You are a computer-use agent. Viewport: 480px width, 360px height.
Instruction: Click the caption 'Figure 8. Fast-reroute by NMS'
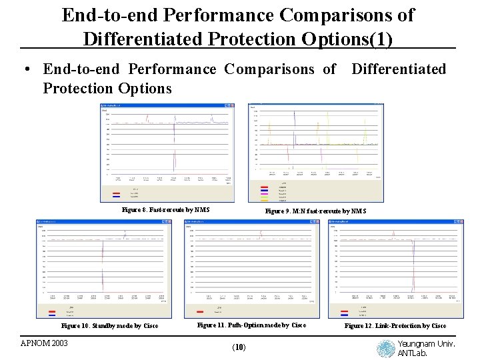tap(165, 210)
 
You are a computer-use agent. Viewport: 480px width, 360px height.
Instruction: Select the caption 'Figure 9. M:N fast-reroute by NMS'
tap(315, 211)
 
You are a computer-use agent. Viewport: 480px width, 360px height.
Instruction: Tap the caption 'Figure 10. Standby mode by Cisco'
tap(110, 326)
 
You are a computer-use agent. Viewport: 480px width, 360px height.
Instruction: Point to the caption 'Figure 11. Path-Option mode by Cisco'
tap(252, 325)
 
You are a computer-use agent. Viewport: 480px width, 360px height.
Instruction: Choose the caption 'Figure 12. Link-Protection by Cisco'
tap(395, 326)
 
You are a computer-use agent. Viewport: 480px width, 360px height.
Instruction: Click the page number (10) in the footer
tap(239, 347)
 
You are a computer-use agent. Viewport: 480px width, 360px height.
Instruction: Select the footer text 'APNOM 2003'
tap(44, 343)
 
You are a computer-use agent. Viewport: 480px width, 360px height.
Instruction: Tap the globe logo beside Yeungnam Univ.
tap(385, 349)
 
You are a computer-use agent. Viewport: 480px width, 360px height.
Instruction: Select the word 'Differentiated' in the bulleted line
tap(398, 69)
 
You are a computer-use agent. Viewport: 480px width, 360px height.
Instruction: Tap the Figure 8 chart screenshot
tap(167, 153)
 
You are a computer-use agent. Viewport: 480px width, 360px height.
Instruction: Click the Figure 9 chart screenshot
tap(316, 153)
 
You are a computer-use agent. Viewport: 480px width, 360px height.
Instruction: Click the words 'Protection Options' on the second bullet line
tap(107, 88)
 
